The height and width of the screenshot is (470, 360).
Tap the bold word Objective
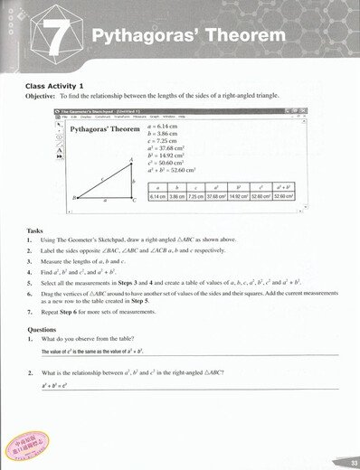coord(42,96)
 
